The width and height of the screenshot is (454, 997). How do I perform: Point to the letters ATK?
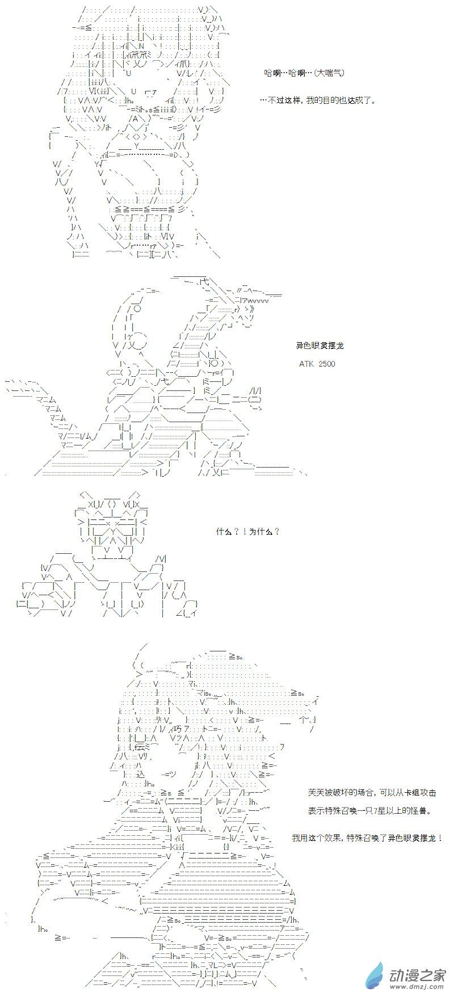click(x=306, y=363)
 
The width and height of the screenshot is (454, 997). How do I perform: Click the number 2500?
click(x=326, y=363)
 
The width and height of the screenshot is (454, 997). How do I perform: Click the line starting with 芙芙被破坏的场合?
click(x=372, y=793)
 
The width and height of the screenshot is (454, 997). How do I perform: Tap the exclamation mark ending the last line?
click(x=440, y=838)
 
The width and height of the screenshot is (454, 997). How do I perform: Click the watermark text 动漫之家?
click(x=418, y=973)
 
